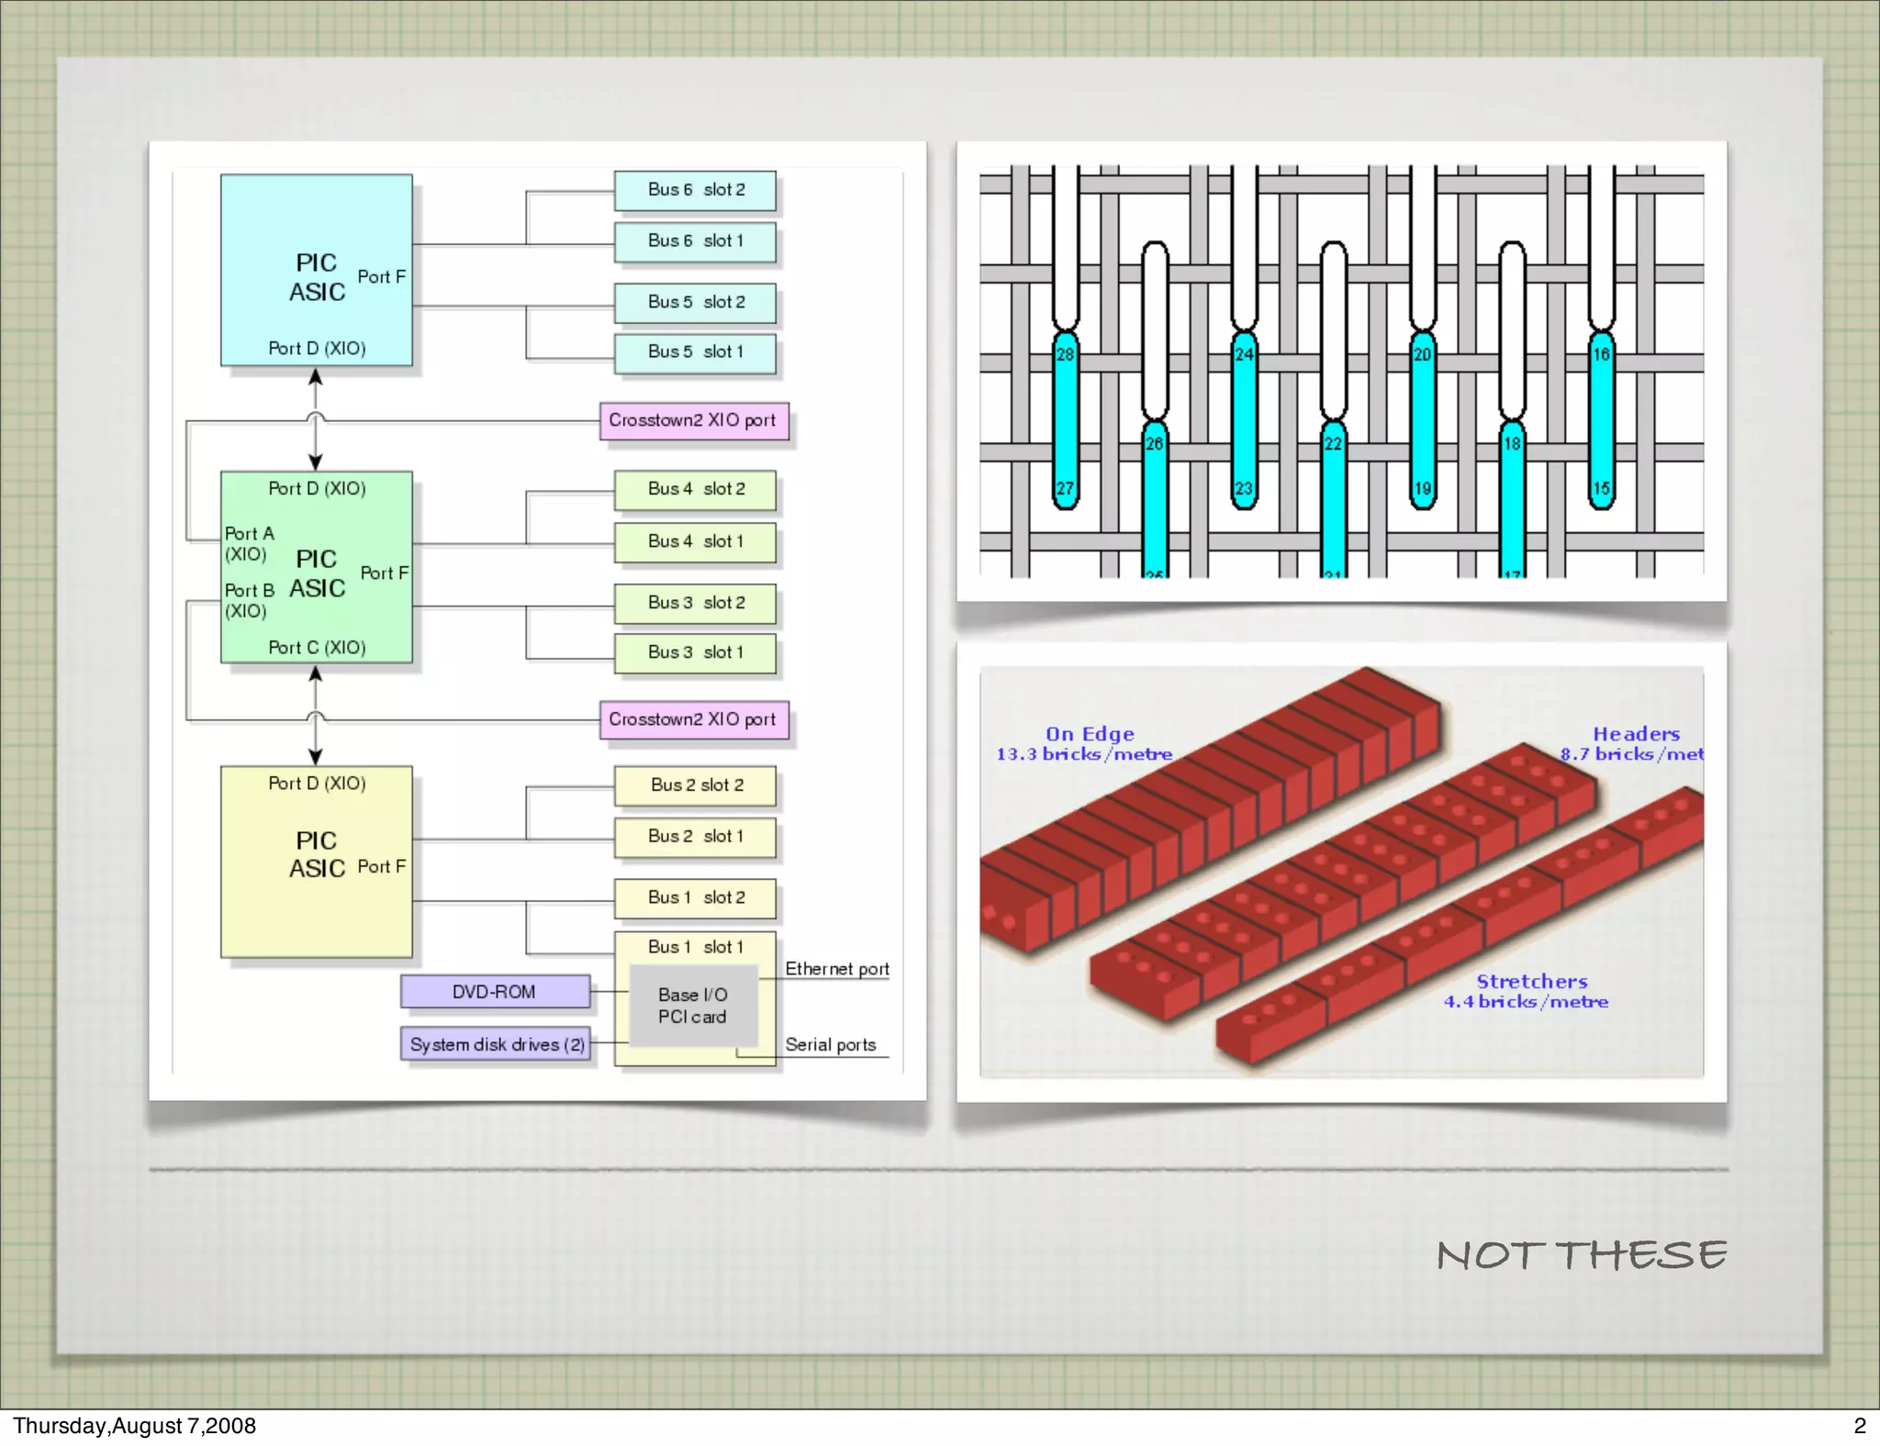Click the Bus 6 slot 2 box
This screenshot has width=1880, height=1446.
point(695,190)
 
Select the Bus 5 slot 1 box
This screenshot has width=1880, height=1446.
point(695,352)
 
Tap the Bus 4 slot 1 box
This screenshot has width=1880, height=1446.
point(695,541)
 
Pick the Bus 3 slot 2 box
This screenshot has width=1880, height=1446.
point(695,603)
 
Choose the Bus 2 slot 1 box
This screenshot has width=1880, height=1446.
point(695,837)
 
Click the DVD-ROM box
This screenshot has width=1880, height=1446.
point(495,992)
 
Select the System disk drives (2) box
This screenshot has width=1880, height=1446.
point(496,1044)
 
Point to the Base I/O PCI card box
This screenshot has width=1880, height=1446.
point(693,1006)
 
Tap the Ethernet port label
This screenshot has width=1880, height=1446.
point(836,969)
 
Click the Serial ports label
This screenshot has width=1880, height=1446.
point(830,1045)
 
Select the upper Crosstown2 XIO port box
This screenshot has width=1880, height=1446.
point(693,420)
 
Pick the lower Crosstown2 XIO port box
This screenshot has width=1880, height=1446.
point(693,719)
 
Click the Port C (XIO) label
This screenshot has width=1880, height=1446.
point(317,648)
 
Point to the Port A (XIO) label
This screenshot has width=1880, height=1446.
point(248,544)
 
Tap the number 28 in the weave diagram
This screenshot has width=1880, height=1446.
point(1065,354)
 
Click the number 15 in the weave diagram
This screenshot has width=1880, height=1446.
point(1601,488)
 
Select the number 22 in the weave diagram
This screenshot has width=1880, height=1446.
point(1333,444)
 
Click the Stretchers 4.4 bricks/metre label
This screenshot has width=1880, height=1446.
point(1527,992)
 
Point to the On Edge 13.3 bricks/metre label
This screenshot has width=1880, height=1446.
point(1085,744)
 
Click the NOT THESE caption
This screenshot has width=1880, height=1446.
point(1581,1255)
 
